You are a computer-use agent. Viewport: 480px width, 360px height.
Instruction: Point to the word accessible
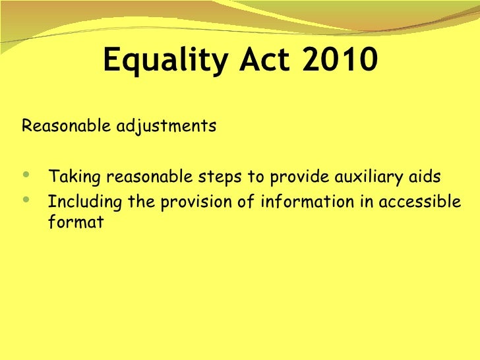pyautogui.click(x=416, y=201)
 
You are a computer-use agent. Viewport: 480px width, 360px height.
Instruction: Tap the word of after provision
pyautogui.click(x=245, y=201)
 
